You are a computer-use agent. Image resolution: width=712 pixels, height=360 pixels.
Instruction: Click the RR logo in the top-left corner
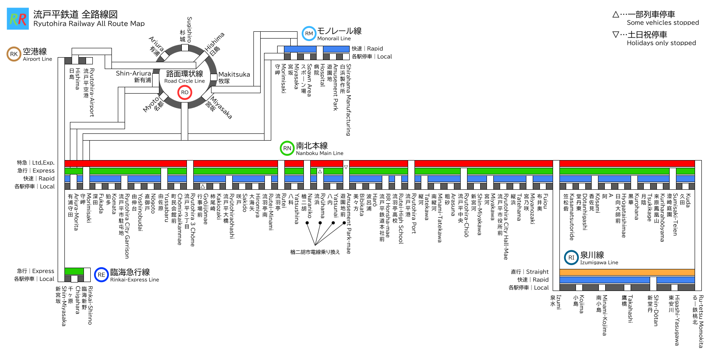click(x=18, y=19)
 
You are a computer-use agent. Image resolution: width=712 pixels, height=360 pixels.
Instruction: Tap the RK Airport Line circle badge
click(x=14, y=54)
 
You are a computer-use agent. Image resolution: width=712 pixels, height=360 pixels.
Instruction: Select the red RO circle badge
click(x=185, y=92)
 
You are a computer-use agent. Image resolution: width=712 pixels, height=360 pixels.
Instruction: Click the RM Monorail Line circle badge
click(x=309, y=33)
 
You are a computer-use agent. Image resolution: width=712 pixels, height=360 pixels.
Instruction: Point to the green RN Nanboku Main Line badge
click(x=287, y=148)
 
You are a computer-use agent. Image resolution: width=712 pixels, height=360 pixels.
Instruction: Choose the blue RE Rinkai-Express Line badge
click(x=101, y=274)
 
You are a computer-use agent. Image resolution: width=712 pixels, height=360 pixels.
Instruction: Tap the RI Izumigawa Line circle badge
click(x=571, y=258)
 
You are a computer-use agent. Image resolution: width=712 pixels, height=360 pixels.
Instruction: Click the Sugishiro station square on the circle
click(x=185, y=48)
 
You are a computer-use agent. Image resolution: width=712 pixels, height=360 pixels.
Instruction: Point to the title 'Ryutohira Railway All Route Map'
click(x=89, y=24)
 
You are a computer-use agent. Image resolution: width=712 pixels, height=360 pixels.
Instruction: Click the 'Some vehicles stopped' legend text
click(x=663, y=22)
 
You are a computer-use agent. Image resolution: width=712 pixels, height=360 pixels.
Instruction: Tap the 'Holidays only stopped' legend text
click(x=661, y=43)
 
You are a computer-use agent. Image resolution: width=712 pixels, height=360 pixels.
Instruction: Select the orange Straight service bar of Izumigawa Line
click(x=627, y=272)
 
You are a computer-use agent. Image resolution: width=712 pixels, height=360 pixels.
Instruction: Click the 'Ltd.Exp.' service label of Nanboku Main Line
click(x=43, y=163)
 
